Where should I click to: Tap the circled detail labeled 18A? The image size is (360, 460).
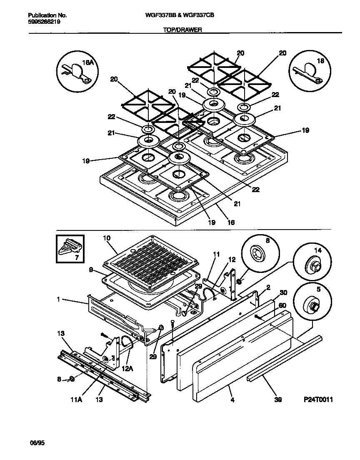[x=77, y=71]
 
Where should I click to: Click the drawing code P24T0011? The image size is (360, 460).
[x=318, y=400]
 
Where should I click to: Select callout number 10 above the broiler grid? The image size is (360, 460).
[x=107, y=237]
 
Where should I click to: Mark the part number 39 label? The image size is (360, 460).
[x=278, y=400]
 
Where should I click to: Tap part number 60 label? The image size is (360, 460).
[x=282, y=305]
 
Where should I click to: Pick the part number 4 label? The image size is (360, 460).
[x=232, y=400]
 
